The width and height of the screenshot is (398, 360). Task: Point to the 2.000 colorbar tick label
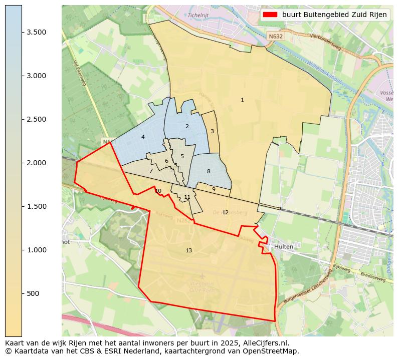[37, 163]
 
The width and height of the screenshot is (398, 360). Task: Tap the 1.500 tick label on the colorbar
[37, 206]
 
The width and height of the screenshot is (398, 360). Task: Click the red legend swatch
[270, 15]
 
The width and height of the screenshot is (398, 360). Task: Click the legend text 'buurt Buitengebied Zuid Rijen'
[334, 15]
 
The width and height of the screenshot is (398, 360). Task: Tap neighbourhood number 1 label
[242, 100]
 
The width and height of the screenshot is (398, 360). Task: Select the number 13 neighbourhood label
[188, 250]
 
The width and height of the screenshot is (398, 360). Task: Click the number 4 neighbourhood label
[143, 137]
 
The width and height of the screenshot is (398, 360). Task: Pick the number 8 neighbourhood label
[209, 172]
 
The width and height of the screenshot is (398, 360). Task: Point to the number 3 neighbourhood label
[212, 131]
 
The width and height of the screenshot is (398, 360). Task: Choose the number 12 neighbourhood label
[225, 212]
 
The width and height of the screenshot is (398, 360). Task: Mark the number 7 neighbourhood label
[151, 171]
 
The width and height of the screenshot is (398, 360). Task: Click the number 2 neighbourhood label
[187, 126]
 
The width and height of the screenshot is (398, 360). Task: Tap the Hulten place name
[284, 247]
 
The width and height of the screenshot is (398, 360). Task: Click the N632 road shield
[275, 37]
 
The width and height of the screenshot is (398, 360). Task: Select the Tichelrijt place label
[198, 15]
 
